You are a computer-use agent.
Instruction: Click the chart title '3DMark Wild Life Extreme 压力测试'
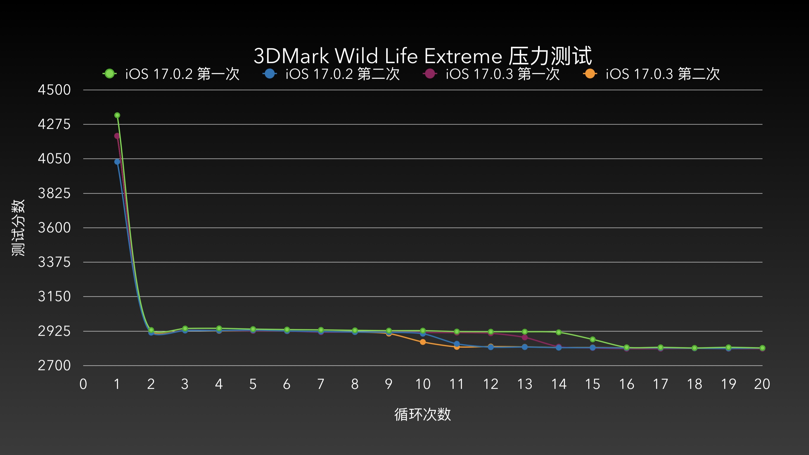[422, 56]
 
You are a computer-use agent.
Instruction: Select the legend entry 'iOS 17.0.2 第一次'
[172, 74]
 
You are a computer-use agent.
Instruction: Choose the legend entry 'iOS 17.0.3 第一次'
[492, 74]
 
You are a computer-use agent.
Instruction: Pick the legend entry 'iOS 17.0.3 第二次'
[652, 74]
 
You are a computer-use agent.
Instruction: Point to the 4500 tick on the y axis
[54, 90]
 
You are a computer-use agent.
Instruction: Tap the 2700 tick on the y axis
[54, 366]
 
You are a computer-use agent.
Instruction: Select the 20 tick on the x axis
[762, 384]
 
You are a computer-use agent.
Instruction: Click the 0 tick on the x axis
[83, 384]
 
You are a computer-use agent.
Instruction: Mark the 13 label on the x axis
[524, 384]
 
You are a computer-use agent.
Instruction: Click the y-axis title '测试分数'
[18, 228]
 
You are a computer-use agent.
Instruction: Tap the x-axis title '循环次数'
[422, 414]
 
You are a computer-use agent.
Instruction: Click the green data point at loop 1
[117, 115]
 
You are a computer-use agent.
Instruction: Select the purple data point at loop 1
[117, 136]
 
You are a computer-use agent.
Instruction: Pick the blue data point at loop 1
[117, 162]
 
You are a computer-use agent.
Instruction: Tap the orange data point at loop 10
[423, 342]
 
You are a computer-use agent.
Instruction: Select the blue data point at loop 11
[456, 344]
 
